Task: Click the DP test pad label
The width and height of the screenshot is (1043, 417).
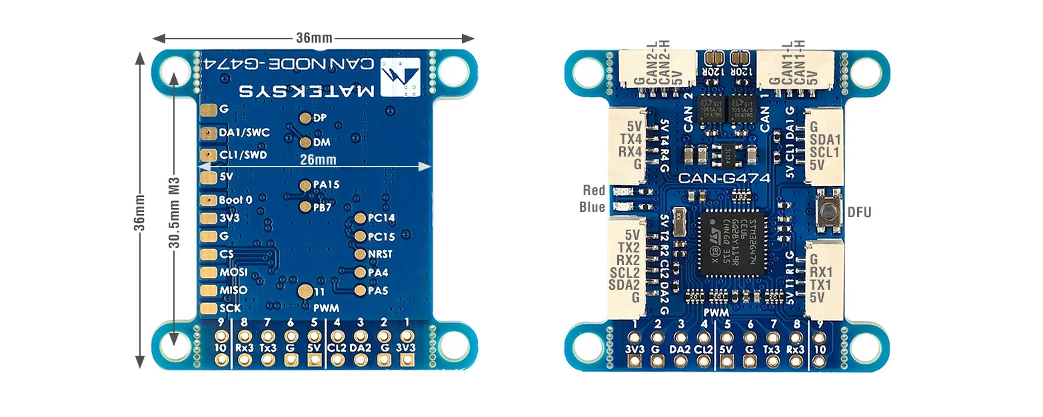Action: [x=319, y=118]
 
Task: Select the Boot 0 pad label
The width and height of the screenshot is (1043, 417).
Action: [x=235, y=200]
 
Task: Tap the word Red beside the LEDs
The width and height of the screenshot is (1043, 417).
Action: [x=594, y=191]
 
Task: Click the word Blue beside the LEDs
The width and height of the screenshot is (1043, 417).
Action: [x=592, y=207]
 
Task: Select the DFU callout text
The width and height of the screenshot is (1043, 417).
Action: [x=859, y=212]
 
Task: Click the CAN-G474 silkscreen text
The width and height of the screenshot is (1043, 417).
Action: [x=724, y=178]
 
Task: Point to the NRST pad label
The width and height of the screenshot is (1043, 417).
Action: [x=380, y=254]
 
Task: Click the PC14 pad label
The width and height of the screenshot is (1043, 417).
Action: [x=381, y=218]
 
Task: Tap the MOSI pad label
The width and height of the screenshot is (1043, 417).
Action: [x=233, y=272]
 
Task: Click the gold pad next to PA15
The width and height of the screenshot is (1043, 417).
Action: [x=305, y=186]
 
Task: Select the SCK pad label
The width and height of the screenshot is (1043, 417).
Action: [x=231, y=308]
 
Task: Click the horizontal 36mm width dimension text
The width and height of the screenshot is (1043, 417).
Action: [x=314, y=38]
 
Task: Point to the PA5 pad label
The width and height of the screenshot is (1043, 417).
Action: [x=378, y=290]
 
